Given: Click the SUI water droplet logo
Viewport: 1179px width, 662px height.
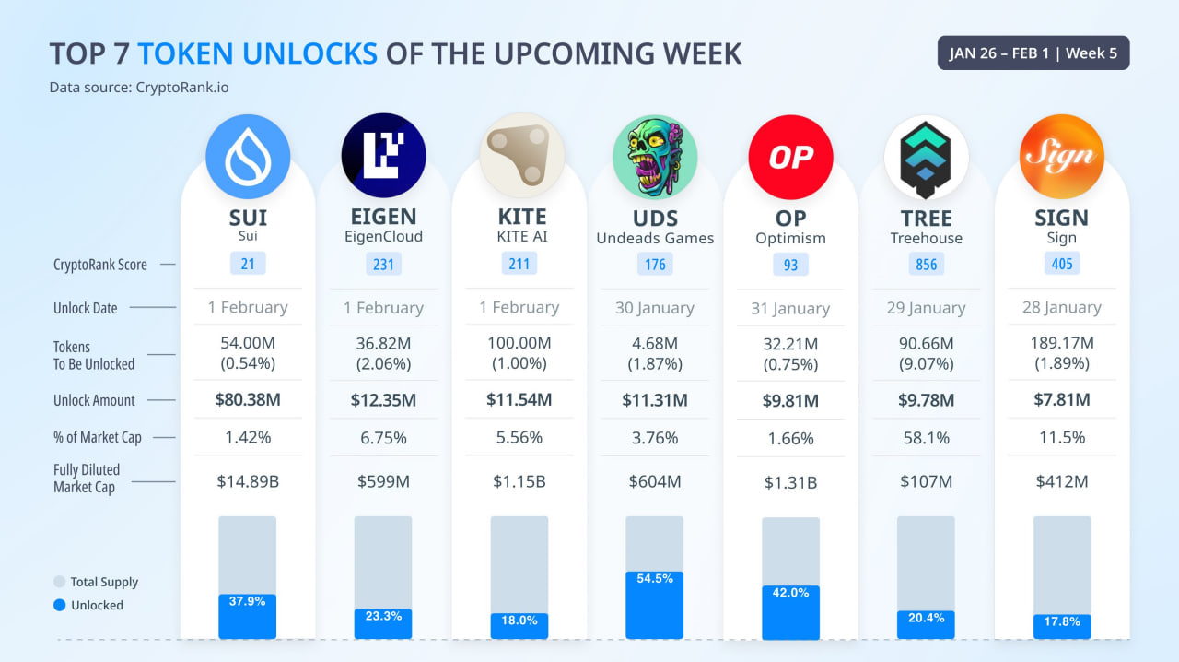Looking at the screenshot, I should [x=248, y=157].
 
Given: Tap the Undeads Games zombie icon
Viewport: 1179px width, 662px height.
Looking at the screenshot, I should [x=655, y=157].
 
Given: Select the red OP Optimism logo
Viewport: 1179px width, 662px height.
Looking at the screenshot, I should [x=790, y=157].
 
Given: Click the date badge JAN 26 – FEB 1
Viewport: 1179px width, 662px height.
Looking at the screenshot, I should [x=1033, y=53].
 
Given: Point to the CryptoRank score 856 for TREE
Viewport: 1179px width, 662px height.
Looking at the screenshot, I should [x=926, y=265].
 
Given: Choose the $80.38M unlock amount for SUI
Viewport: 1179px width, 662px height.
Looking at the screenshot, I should [x=248, y=400].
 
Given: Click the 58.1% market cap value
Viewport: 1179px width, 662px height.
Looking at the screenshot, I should [x=926, y=438].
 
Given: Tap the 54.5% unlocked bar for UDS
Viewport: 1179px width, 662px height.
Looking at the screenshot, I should [x=655, y=605].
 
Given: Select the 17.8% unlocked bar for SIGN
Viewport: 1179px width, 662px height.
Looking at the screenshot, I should [x=1062, y=626].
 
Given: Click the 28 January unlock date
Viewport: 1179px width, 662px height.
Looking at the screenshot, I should [x=1062, y=308].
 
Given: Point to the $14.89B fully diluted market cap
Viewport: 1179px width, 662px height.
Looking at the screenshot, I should [x=248, y=481].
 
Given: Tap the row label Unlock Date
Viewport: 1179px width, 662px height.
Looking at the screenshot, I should [x=86, y=308].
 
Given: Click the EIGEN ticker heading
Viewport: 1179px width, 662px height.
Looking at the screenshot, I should [x=383, y=218].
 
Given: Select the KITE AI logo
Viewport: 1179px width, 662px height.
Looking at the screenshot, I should [x=519, y=157].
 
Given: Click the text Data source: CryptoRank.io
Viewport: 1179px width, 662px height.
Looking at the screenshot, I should [x=139, y=88].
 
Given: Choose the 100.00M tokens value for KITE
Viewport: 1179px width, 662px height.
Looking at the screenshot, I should [x=519, y=344].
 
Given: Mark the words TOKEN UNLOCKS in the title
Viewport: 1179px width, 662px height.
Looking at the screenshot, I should [x=257, y=53].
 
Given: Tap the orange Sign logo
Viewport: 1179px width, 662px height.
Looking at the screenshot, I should [x=1062, y=157].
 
